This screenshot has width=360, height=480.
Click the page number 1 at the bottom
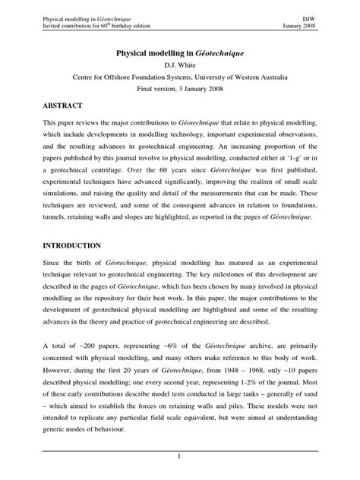180,456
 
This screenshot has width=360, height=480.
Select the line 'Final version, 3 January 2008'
180,88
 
